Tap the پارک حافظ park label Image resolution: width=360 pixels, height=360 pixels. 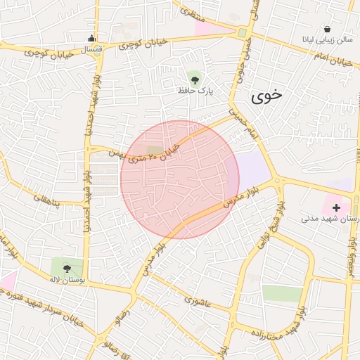pyautogui.click(x=195, y=91)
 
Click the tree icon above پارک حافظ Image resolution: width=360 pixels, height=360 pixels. pyautogui.click(x=195, y=78)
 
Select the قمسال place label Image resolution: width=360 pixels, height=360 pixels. pyautogui.click(x=92, y=49)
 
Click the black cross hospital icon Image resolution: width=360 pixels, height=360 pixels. pyautogui.click(x=336, y=207)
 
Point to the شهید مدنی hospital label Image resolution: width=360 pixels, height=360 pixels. pyautogui.click(x=330, y=219)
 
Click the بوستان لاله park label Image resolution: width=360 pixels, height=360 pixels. pyautogui.click(x=67, y=280)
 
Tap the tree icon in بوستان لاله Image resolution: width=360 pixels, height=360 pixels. pyautogui.click(x=67, y=268)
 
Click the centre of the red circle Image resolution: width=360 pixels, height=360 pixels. pyautogui.click(x=179, y=179)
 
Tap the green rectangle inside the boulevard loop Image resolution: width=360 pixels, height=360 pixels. pyautogui.click(x=282, y=294)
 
